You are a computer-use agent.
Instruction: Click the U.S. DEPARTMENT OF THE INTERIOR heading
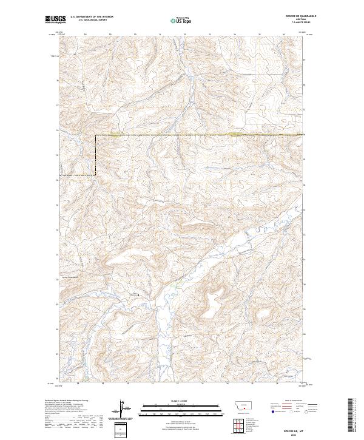point(92,17)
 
